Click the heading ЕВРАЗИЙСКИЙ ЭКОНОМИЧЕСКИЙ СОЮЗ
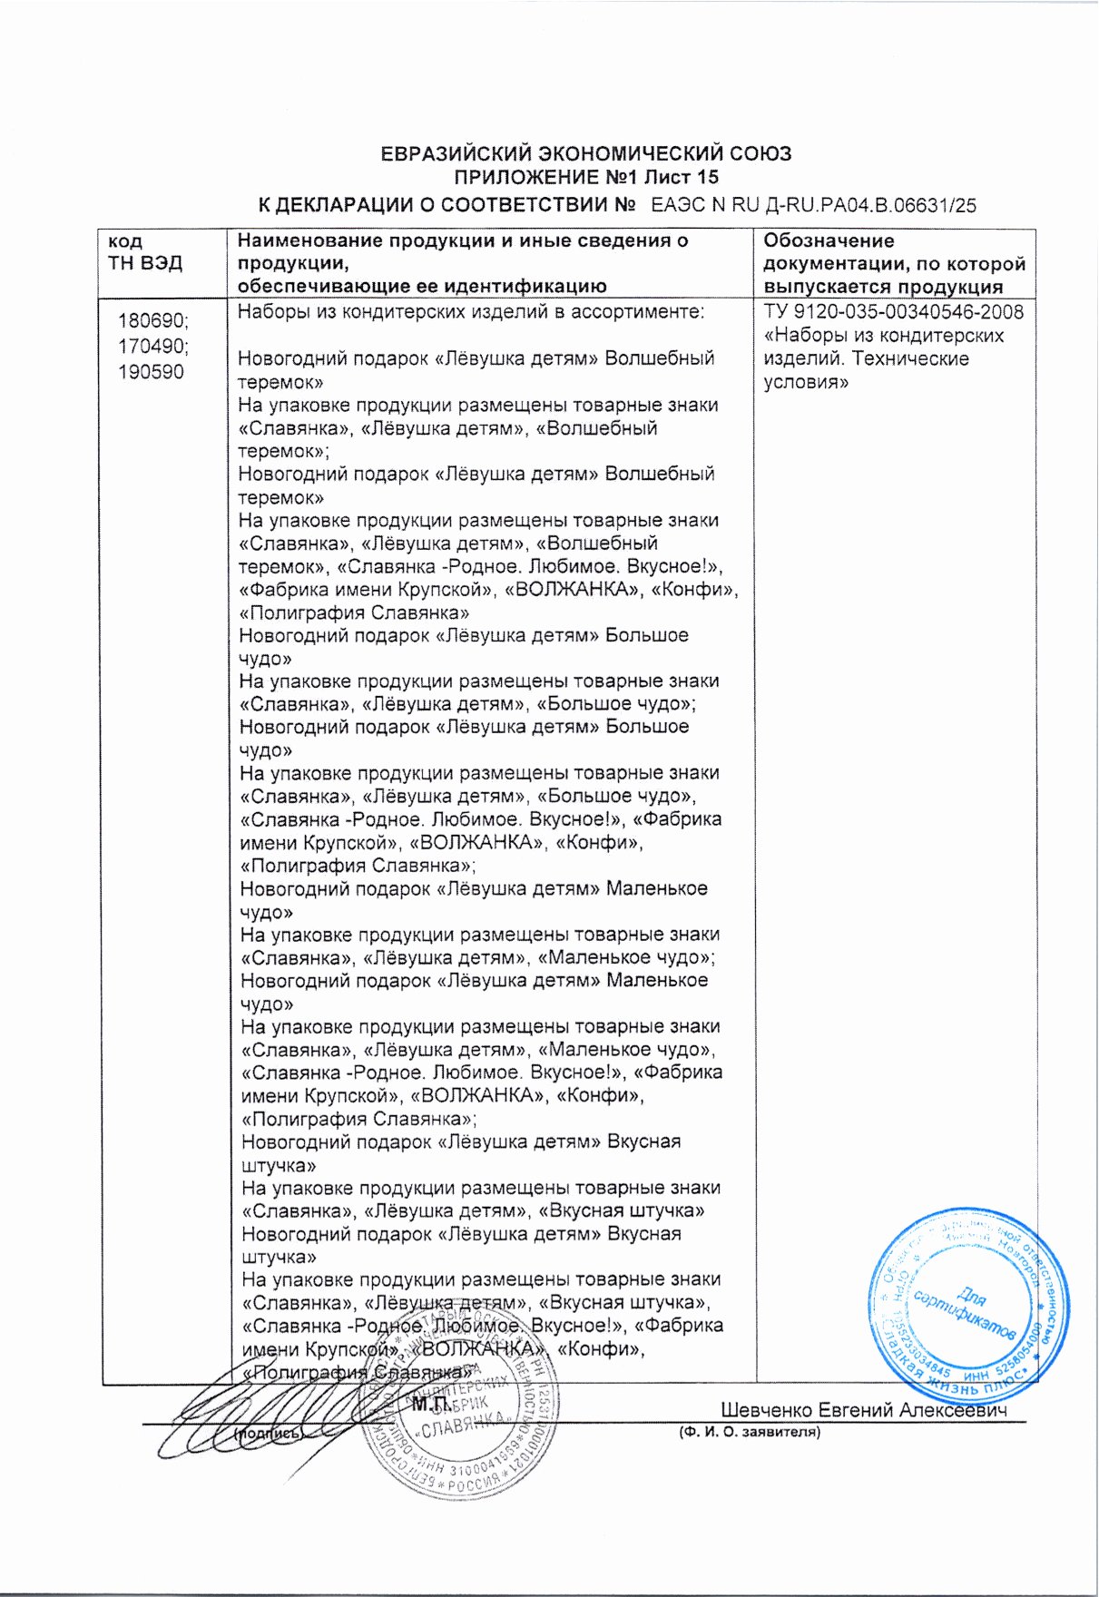pyautogui.click(x=585, y=153)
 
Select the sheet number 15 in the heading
pyautogui.click(x=707, y=178)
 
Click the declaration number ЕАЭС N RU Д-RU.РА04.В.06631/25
pyautogui.click(x=814, y=205)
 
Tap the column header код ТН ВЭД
pyautogui.click(x=145, y=252)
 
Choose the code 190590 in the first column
pyautogui.click(x=151, y=372)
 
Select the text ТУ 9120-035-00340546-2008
pyautogui.click(x=893, y=313)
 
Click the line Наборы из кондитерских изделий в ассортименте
pyautogui.click(x=471, y=312)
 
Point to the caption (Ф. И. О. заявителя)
pyautogui.click(x=750, y=1433)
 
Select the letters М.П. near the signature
pyautogui.click(x=430, y=1406)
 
